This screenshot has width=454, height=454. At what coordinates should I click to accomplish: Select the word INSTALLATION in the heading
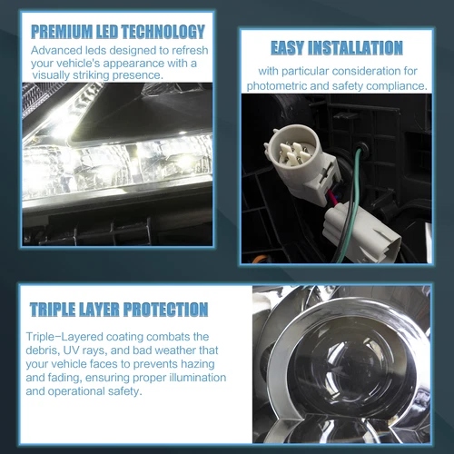[x=355, y=48]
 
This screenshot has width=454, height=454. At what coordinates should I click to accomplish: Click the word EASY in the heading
[x=287, y=48]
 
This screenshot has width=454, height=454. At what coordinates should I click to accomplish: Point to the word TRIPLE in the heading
[x=53, y=310]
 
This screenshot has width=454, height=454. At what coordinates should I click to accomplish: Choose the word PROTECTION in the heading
[x=166, y=310]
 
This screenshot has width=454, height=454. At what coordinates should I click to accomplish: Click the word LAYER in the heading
[x=99, y=310]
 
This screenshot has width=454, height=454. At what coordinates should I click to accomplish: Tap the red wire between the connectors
[x=331, y=197]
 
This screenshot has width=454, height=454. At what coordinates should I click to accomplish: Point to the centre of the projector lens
[x=348, y=362]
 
